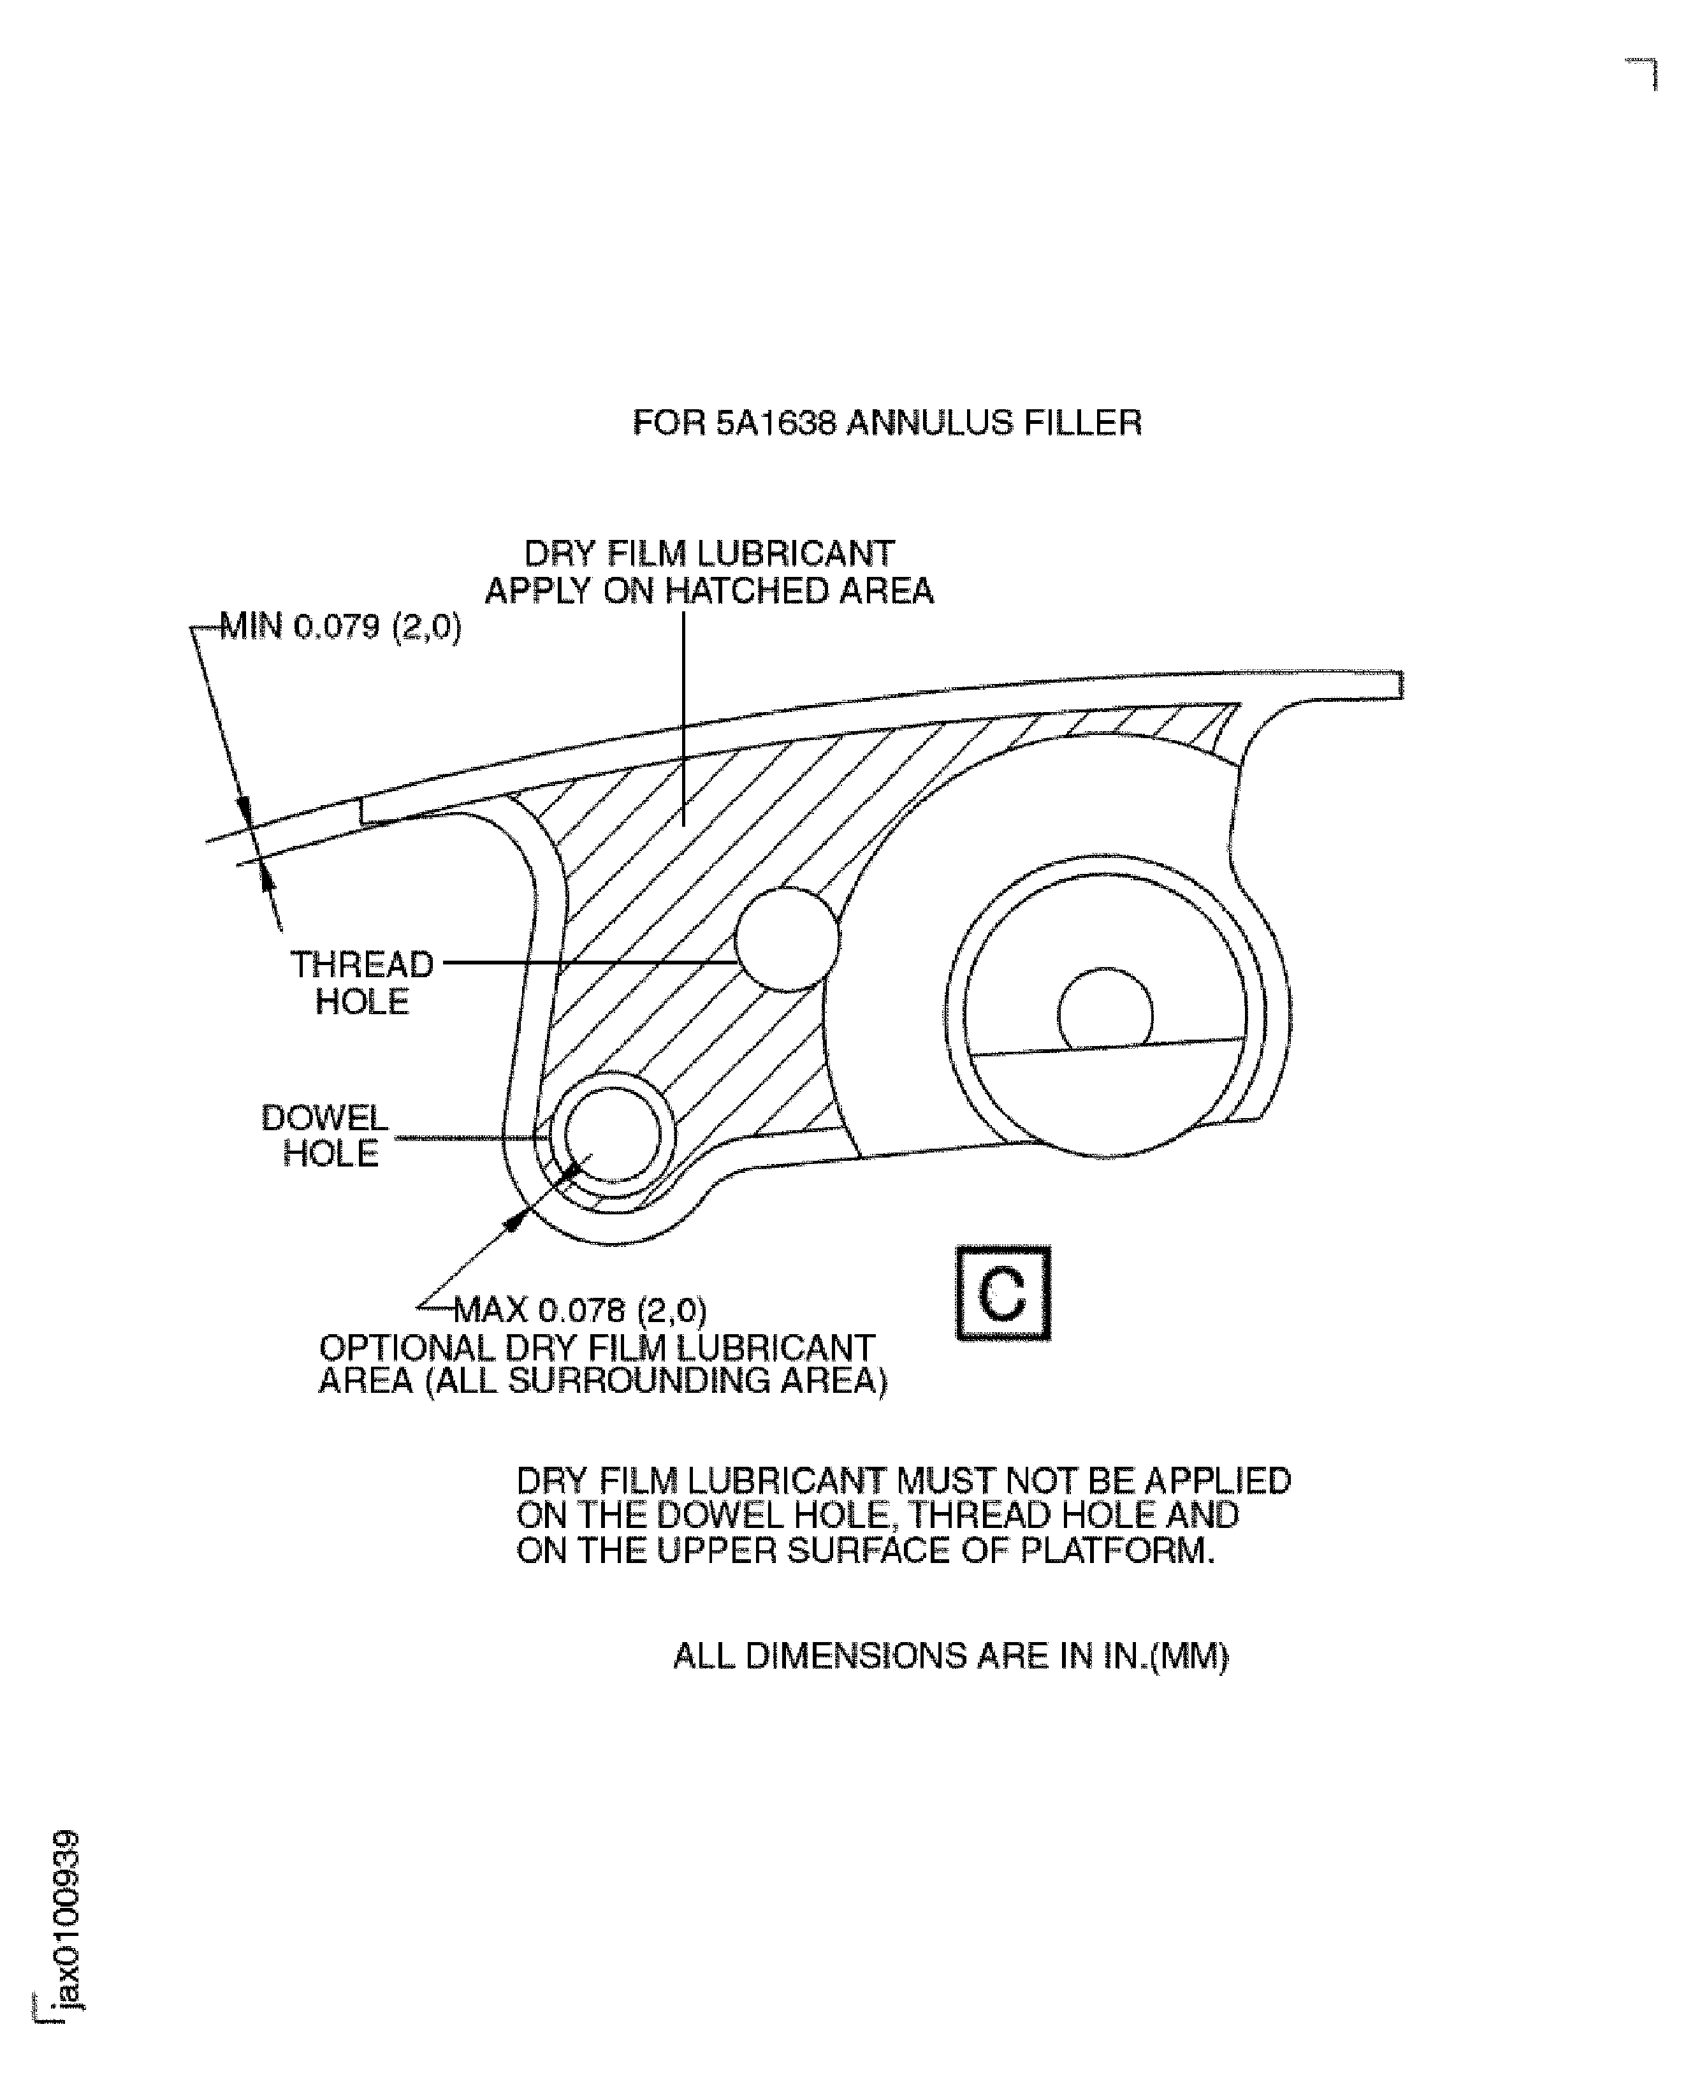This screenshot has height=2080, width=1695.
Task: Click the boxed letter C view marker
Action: pos(1003,1294)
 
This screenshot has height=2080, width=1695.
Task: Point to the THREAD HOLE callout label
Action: pos(362,982)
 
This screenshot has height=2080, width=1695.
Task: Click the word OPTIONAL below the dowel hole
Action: pos(407,1349)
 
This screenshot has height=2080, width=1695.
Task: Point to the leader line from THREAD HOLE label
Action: pos(586,962)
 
